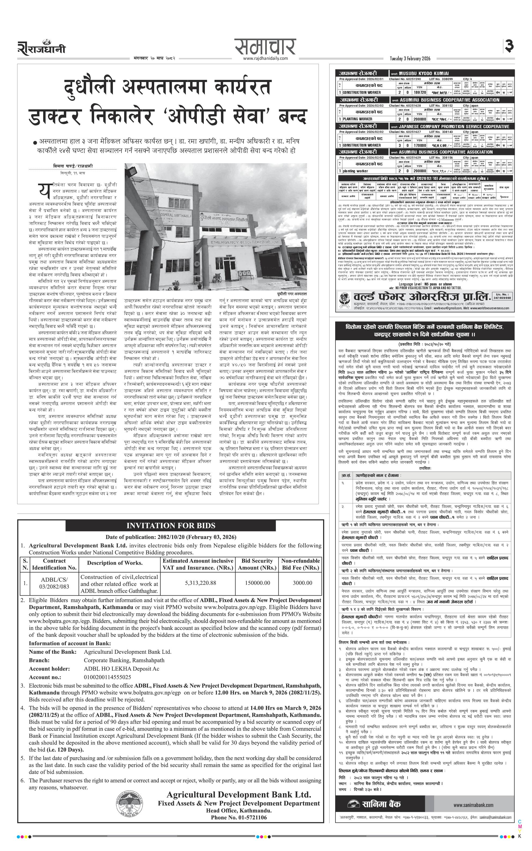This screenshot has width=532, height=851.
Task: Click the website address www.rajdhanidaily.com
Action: click(265, 58)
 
